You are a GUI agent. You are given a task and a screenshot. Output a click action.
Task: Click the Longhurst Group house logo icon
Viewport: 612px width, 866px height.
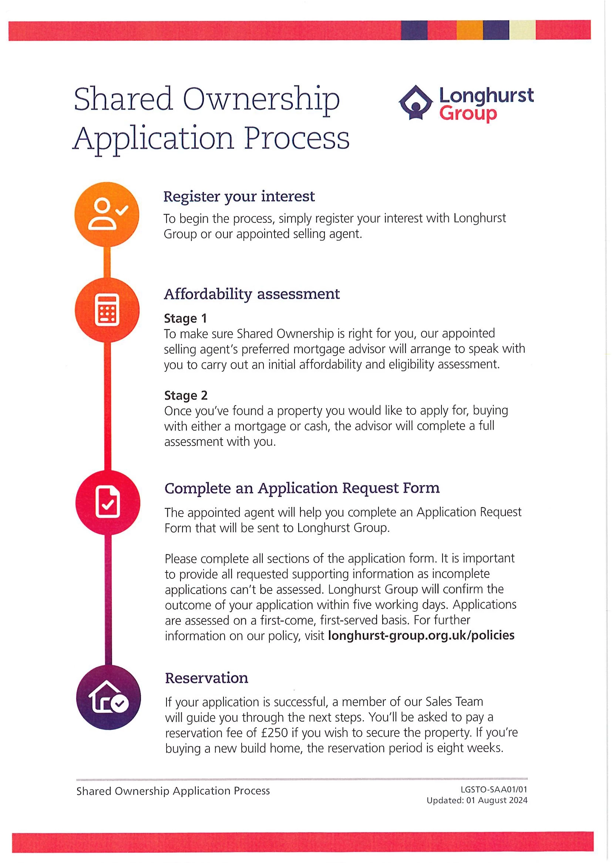point(415,102)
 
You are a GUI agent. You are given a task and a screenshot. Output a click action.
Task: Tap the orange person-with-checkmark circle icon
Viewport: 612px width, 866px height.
point(107,214)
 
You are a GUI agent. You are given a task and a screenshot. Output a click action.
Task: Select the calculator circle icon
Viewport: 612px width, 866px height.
point(107,310)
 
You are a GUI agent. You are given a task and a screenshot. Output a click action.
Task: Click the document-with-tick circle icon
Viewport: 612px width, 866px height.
point(108,503)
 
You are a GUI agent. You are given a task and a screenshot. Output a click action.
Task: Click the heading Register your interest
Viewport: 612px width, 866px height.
point(239,197)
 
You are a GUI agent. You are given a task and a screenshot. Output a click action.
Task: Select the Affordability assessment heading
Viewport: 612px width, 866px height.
point(252,294)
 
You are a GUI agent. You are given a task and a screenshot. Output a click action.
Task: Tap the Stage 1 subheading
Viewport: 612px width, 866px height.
point(185,318)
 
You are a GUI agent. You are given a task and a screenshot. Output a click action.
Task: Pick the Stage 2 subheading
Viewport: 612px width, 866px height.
point(185,395)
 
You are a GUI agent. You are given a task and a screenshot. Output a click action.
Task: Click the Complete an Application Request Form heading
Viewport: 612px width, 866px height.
point(302,488)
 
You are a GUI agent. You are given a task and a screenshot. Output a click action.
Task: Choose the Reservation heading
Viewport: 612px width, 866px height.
point(206,678)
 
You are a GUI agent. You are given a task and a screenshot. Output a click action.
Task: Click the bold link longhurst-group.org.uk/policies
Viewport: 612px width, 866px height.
point(421,635)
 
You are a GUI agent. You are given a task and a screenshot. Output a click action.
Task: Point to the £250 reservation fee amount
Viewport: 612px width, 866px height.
point(274,732)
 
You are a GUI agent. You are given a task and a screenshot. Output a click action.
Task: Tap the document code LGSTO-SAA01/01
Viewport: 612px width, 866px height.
point(494,789)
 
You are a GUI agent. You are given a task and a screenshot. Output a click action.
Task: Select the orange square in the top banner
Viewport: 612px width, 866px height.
point(470,30)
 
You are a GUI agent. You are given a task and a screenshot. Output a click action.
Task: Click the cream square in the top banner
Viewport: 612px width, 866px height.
point(522,30)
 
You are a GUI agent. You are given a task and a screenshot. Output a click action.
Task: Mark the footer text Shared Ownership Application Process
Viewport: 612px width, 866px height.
point(173,791)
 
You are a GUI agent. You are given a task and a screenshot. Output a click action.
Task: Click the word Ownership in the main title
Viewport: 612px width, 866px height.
point(261,99)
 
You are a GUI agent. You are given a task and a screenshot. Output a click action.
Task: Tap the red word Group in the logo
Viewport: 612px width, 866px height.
point(468,114)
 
